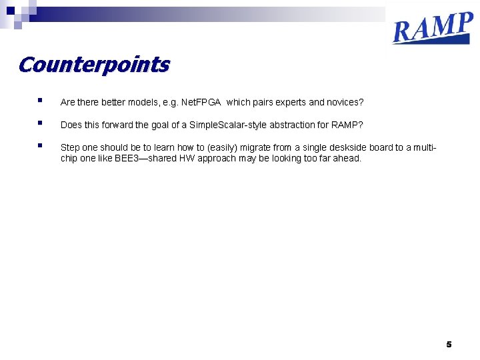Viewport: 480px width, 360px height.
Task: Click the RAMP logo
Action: point(433,28)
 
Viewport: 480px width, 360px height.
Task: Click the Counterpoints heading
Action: point(94,65)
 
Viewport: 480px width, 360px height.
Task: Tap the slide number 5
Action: point(449,344)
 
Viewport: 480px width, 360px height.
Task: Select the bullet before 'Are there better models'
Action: point(41,101)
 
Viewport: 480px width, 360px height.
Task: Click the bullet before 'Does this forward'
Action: point(41,123)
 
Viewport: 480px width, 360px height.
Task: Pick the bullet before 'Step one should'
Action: point(41,145)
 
